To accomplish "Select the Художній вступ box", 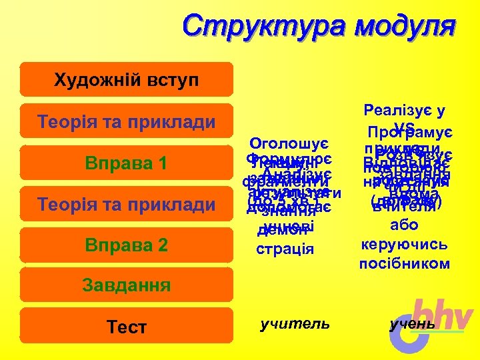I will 126,80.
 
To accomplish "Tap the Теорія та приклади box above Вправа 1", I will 126,121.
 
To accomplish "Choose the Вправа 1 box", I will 126,163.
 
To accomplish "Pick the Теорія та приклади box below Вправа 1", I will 126,204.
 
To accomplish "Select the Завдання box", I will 126,285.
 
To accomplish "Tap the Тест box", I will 126,327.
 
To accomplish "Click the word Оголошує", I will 285,144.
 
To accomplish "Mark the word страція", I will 285,249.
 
